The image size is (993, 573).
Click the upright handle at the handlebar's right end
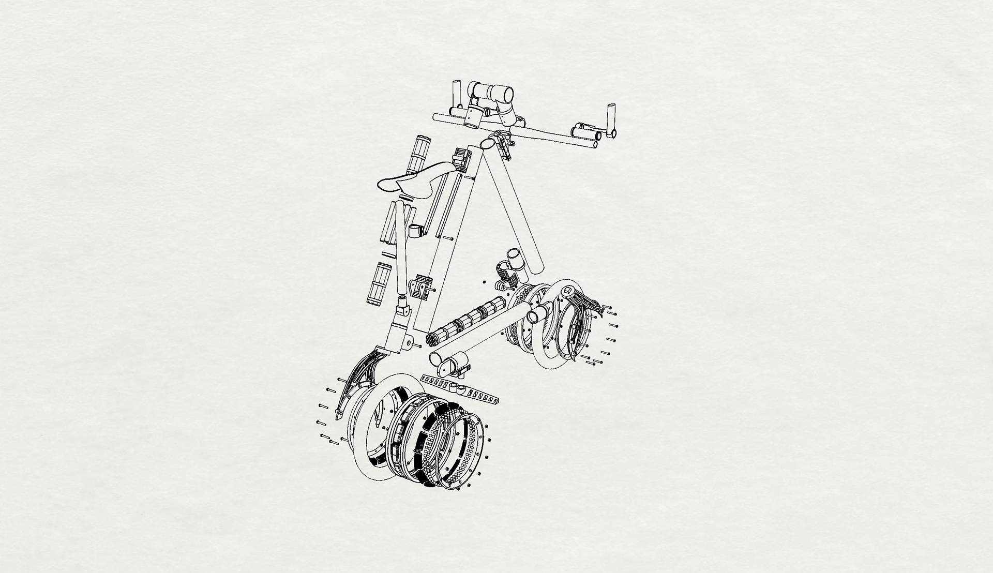coord(612,119)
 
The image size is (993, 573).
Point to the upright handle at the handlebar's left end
coord(457,92)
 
